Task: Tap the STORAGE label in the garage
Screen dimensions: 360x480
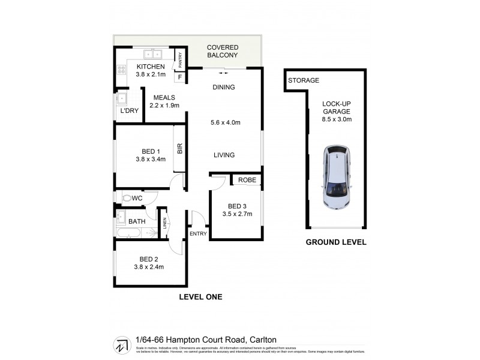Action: tap(303, 80)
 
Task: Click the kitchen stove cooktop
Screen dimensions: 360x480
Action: tap(121, 70)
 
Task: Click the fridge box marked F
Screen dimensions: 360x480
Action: tap(179, 77)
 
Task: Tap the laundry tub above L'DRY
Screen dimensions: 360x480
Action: tap(122, 98)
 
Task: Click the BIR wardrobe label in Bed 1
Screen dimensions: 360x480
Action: tap(179, 148)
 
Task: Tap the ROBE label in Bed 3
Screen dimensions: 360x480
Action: tap(247, 180)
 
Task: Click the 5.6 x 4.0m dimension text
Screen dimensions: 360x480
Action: tap(227, 123)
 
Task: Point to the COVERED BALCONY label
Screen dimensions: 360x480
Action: tap(222, 52)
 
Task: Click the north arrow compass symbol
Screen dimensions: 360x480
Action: tap(122, 344)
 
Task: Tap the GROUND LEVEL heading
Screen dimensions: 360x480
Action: tap(336, 243)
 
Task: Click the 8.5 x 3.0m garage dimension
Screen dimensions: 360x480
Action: tap(336, 119)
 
